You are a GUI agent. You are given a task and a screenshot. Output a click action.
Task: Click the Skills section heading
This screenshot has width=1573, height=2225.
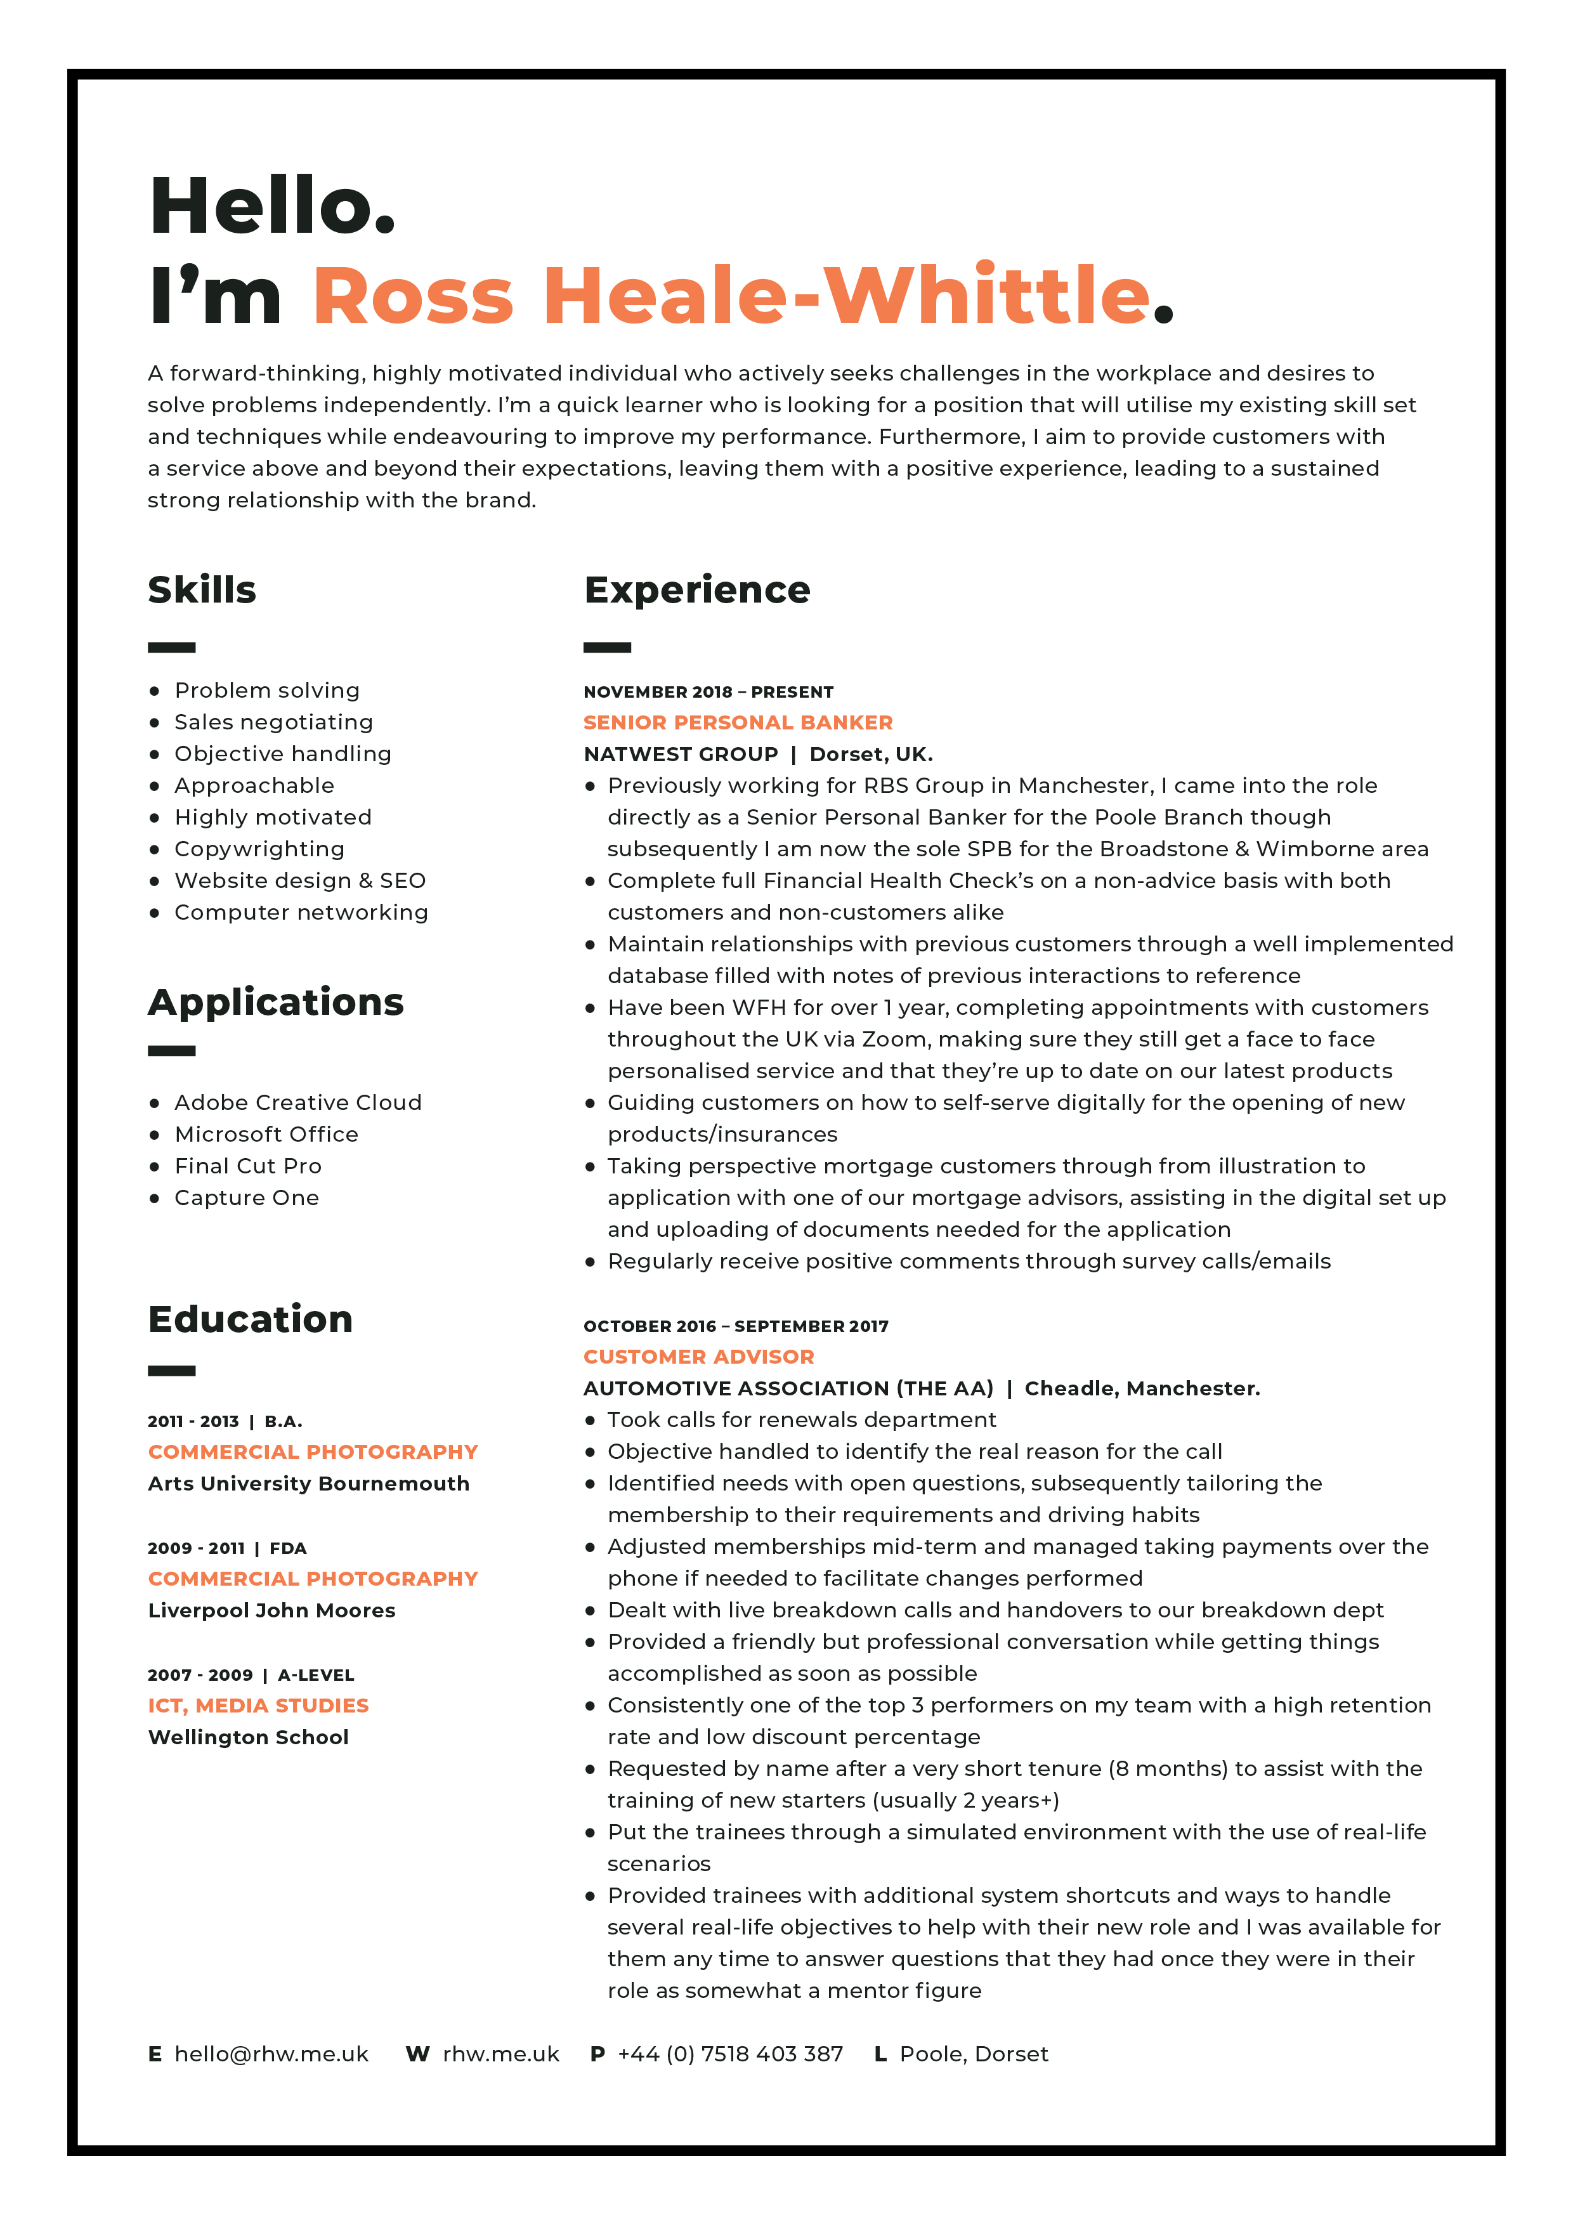(x=202, y=590)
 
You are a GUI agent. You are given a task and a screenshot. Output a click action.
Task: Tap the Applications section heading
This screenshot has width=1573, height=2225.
(x=275, y=1002)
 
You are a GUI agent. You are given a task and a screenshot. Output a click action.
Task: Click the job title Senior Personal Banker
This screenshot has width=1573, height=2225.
(x=738, y=723)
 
